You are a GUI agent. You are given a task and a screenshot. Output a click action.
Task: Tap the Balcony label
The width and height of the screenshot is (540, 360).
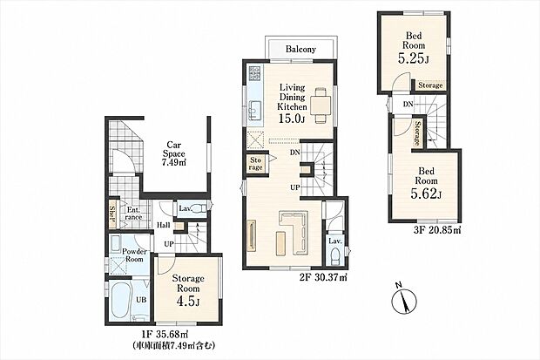pyautogui.click(x=300, y=49)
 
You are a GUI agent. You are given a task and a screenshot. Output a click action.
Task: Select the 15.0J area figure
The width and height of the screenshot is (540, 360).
pyautogui.click(x=292, y=119)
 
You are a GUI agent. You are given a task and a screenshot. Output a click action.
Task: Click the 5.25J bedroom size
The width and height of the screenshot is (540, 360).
pyautogui.click(x=413, y=58)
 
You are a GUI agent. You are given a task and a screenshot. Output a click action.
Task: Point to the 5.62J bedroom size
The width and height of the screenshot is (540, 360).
pyautogui.click(x=426, y=194)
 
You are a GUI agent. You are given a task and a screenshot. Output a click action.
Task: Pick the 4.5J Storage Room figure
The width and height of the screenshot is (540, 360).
pyautogui.click(x=187, y=302)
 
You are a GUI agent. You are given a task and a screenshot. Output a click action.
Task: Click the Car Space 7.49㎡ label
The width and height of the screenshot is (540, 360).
pyautogui.click(x=173, y=153)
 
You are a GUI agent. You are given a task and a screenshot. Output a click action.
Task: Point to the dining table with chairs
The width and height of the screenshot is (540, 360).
pyautogui.click(x=321, y=105)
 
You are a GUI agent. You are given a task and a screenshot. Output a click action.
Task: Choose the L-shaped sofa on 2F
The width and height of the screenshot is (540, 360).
pyautogui.click(x=293, y=232)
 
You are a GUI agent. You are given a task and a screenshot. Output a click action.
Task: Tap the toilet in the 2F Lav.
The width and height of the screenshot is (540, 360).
pyautogui.click(x=334, y=257)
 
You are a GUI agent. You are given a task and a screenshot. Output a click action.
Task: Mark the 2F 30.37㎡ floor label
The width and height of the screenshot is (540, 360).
pyautogui.click(x=322, y=276)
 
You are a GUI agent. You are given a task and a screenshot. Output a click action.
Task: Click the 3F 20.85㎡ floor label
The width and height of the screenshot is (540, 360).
pyautogui.click(x=436, y=230)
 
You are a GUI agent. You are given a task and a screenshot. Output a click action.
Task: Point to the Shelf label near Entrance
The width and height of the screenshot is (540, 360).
pyautogui.click(x=112, y=214)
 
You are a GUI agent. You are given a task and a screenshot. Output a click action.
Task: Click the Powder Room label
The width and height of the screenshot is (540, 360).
pyautogui.click(x=134, y=255)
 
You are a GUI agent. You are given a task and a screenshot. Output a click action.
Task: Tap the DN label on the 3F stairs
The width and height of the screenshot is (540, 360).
pyautogui.click(x=408, y=104)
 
